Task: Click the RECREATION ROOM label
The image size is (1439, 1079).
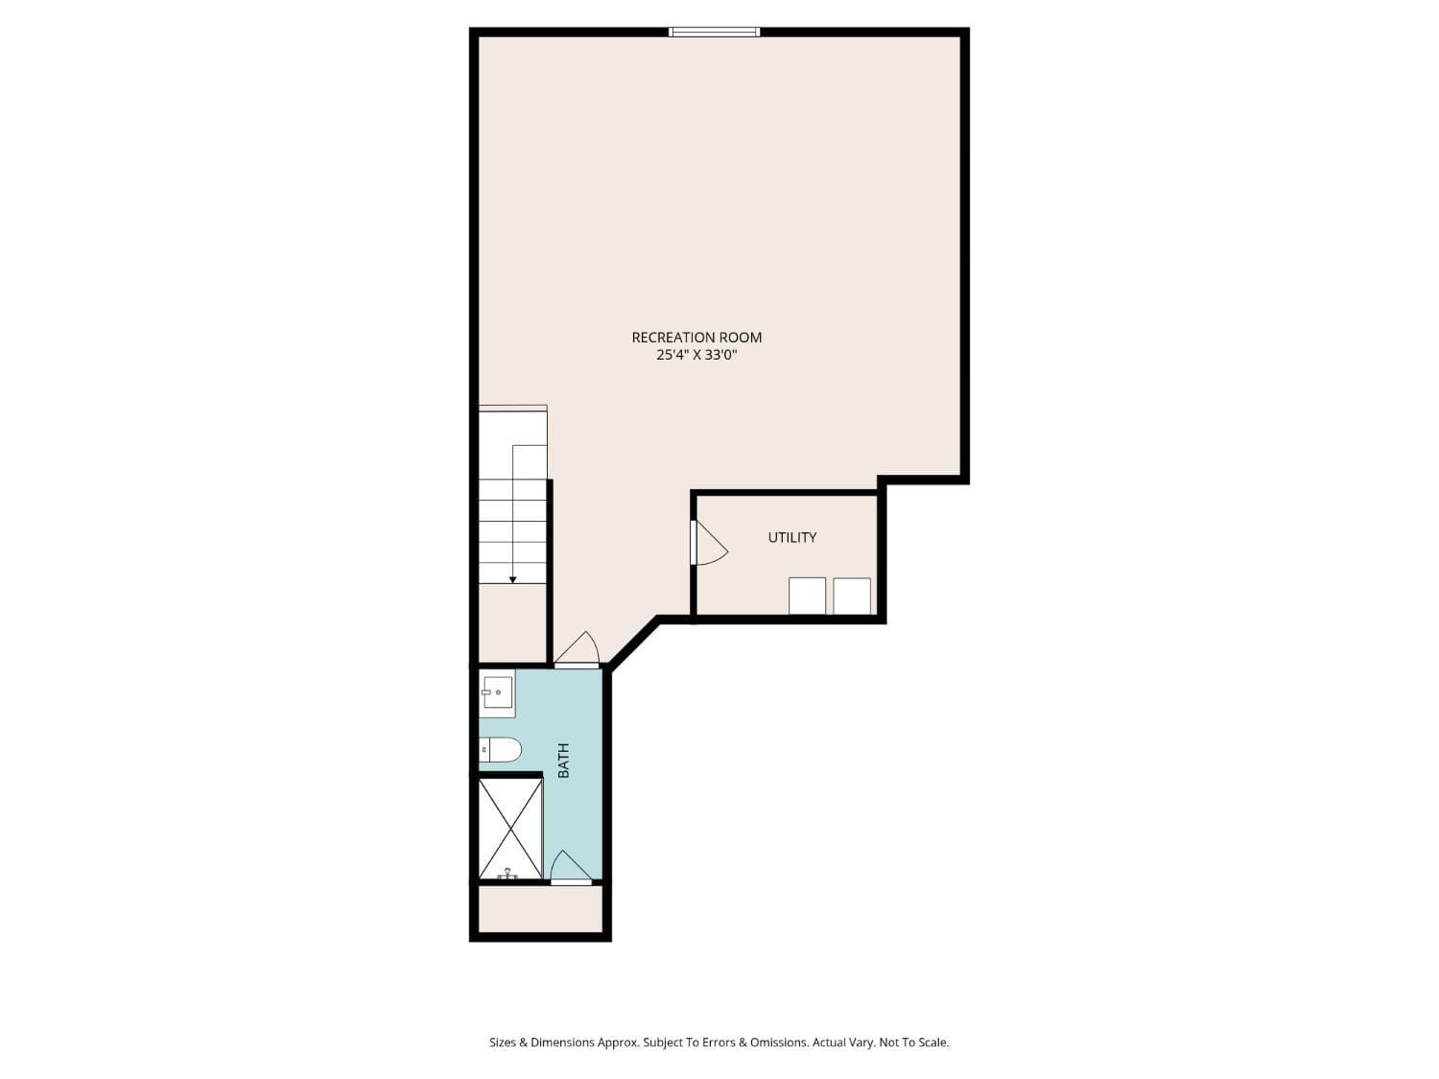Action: click(x=696, y=337)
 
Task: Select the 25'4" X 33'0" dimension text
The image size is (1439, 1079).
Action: click(x=696, y=355)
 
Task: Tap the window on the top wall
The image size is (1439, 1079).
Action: click(x=714, y=32)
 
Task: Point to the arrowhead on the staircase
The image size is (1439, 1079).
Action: click(x=513, y=579)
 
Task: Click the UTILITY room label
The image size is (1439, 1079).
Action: click(x=792, y=537)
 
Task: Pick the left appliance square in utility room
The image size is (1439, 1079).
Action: click(x=807, y=596)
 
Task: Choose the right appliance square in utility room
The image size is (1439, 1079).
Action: click(x=852, y=596)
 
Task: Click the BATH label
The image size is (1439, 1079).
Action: click(x=563, y=761)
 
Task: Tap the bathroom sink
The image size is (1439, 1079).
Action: click(x=497, y=692)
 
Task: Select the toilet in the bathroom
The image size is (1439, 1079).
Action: click(x=501, y=749)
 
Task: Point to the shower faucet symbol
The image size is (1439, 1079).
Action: click(x=507, y=873)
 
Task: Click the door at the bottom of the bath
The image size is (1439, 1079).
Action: click(x=571, y=868)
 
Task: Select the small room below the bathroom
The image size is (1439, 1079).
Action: click(x=540, y=908)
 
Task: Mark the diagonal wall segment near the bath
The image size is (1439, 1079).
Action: click(x=633, y=644)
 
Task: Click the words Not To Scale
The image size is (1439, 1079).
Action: click(x=913, y=1043)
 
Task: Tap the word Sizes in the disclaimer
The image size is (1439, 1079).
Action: click(x=503, y=1043)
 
